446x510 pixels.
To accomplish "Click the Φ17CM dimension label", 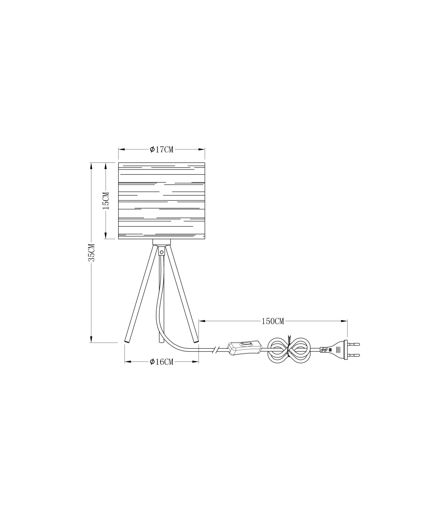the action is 161,149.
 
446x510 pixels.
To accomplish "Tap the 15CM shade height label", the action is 106,201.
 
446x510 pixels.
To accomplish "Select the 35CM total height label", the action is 92,252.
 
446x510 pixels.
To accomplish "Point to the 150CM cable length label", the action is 273,321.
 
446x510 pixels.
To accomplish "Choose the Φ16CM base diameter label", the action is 161,362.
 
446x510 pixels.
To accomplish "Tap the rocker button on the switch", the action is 245,345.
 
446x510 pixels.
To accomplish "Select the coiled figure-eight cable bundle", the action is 289,350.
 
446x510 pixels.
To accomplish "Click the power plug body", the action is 334,350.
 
